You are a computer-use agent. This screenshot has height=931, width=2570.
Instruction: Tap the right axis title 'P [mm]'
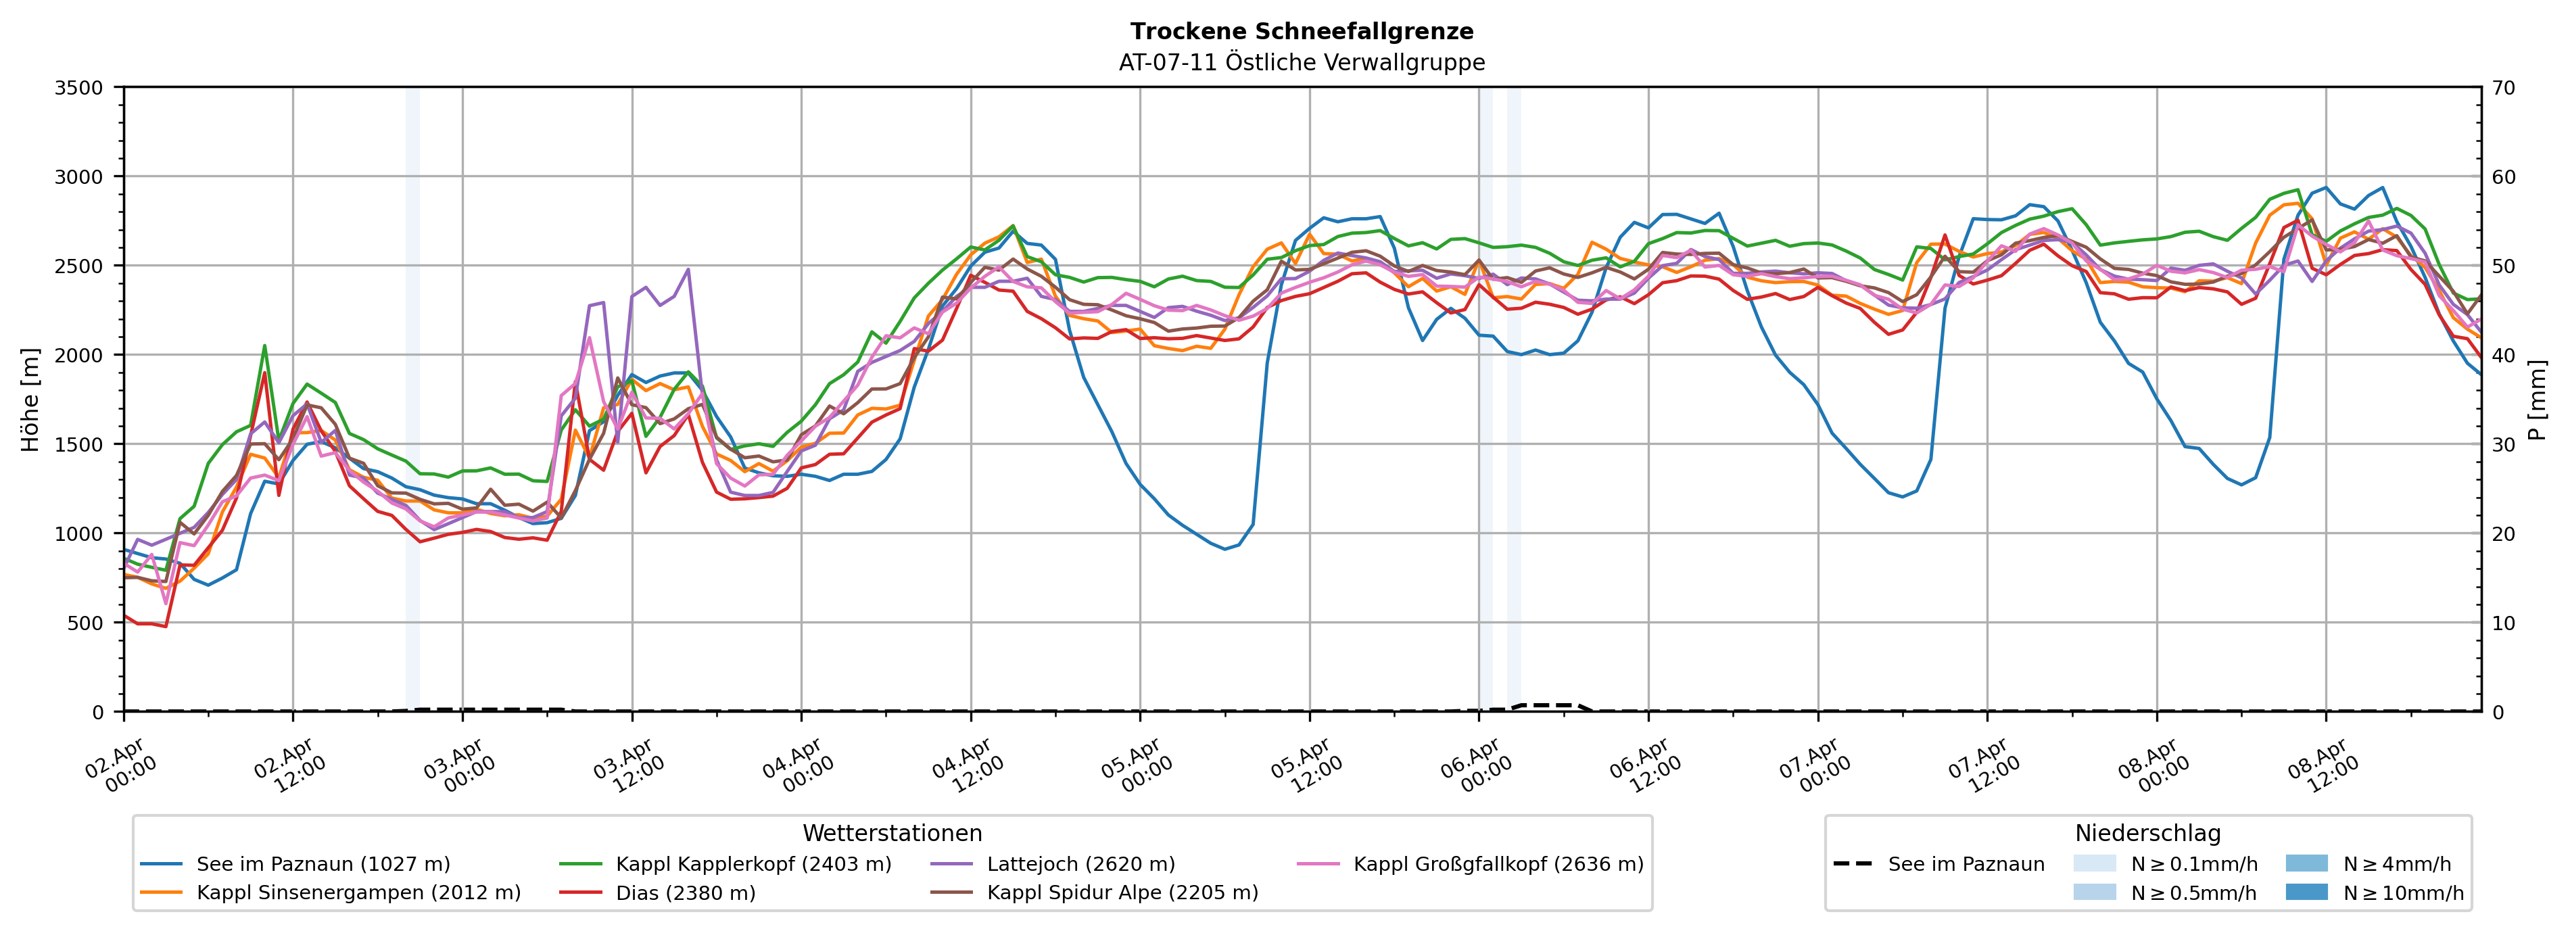click(x=2537, y=399)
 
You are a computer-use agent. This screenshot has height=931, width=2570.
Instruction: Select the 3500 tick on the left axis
click(x=78, y=88)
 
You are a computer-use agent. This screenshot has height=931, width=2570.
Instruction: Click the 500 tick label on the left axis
click(x=84, y=623)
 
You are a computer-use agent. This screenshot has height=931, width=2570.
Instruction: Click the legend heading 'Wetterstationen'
click(x=892, y=833)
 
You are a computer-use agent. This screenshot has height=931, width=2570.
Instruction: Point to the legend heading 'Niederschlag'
click(x=2147, y=833)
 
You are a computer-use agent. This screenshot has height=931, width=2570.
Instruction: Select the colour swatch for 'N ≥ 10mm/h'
click(x=2306, y=892)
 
